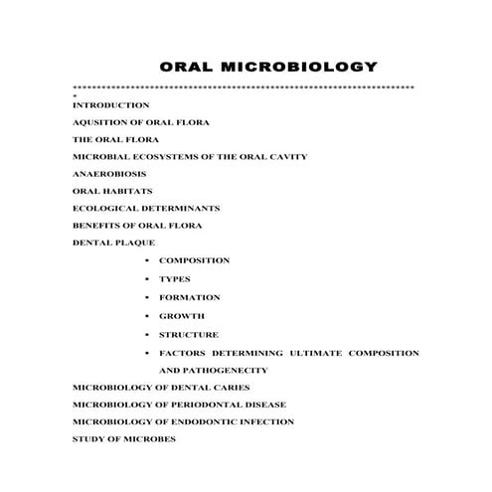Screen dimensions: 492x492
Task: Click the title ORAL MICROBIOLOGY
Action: (x=268, y=68)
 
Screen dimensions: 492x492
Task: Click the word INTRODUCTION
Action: (x=111, y=104)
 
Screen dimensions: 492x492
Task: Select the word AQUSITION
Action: (x=96, y=122)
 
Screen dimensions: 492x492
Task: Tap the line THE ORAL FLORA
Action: (x=115, y=139)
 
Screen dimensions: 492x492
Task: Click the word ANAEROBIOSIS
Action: (x=111, y=174)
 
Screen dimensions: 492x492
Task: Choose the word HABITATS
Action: (x=128, y=191)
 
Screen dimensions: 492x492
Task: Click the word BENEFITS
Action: (x=96, y=226)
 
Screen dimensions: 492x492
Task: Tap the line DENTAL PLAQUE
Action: (x=113, y=243)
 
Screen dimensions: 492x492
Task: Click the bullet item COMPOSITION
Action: (x=194, y=260)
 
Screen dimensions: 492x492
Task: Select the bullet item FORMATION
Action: (x=190, y=297)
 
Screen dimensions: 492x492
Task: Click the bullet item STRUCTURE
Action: (x=189, y=335)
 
